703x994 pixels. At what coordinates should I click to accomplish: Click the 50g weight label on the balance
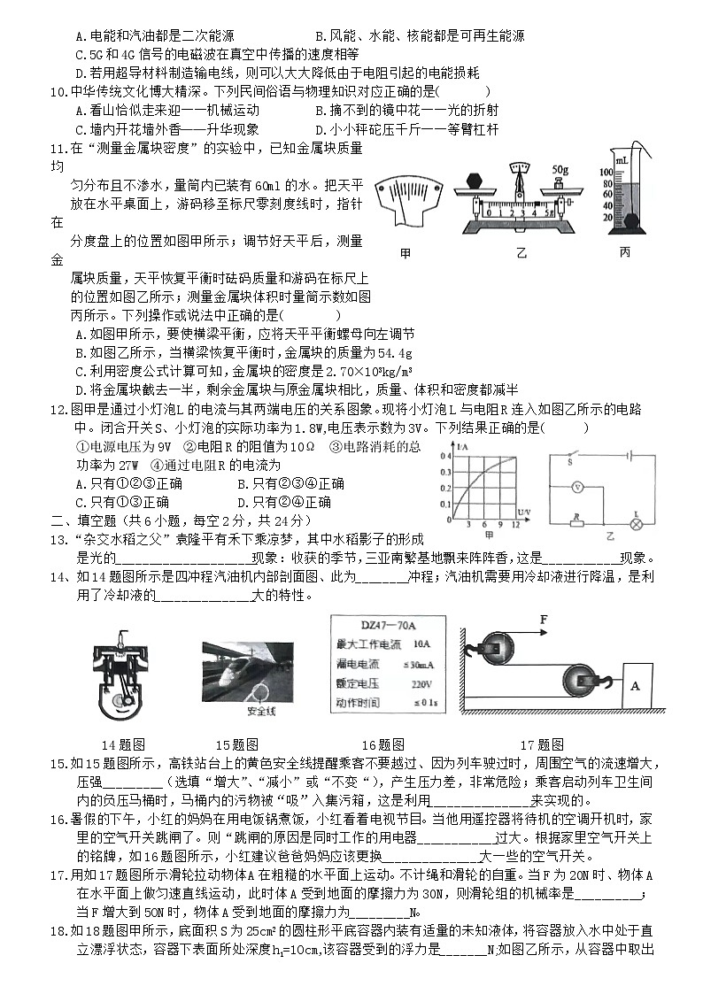click(559, 167)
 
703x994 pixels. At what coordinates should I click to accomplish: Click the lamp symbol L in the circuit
click(635, 523)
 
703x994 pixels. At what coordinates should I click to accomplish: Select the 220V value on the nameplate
click(421, 684)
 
